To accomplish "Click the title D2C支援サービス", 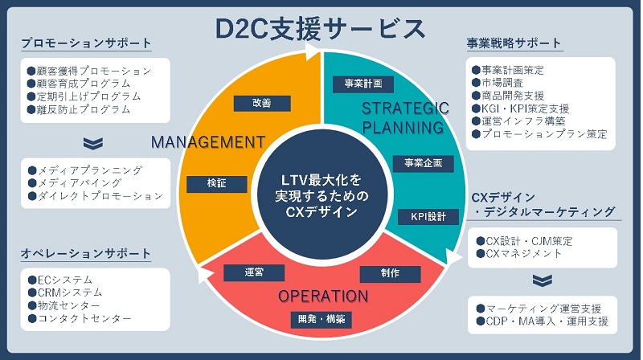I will (321, 28).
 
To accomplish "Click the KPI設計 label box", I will (428, 216).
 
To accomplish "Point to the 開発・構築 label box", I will (321, 319).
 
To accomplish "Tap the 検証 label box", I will (216, 184).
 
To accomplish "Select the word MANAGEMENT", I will (208, 142).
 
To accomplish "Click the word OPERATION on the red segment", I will (322, 296).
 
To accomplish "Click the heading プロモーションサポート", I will (87, 43).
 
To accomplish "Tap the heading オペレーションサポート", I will (87, 255).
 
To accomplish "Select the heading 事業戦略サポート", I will (514, 43).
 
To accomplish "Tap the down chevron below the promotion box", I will (94, 143).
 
